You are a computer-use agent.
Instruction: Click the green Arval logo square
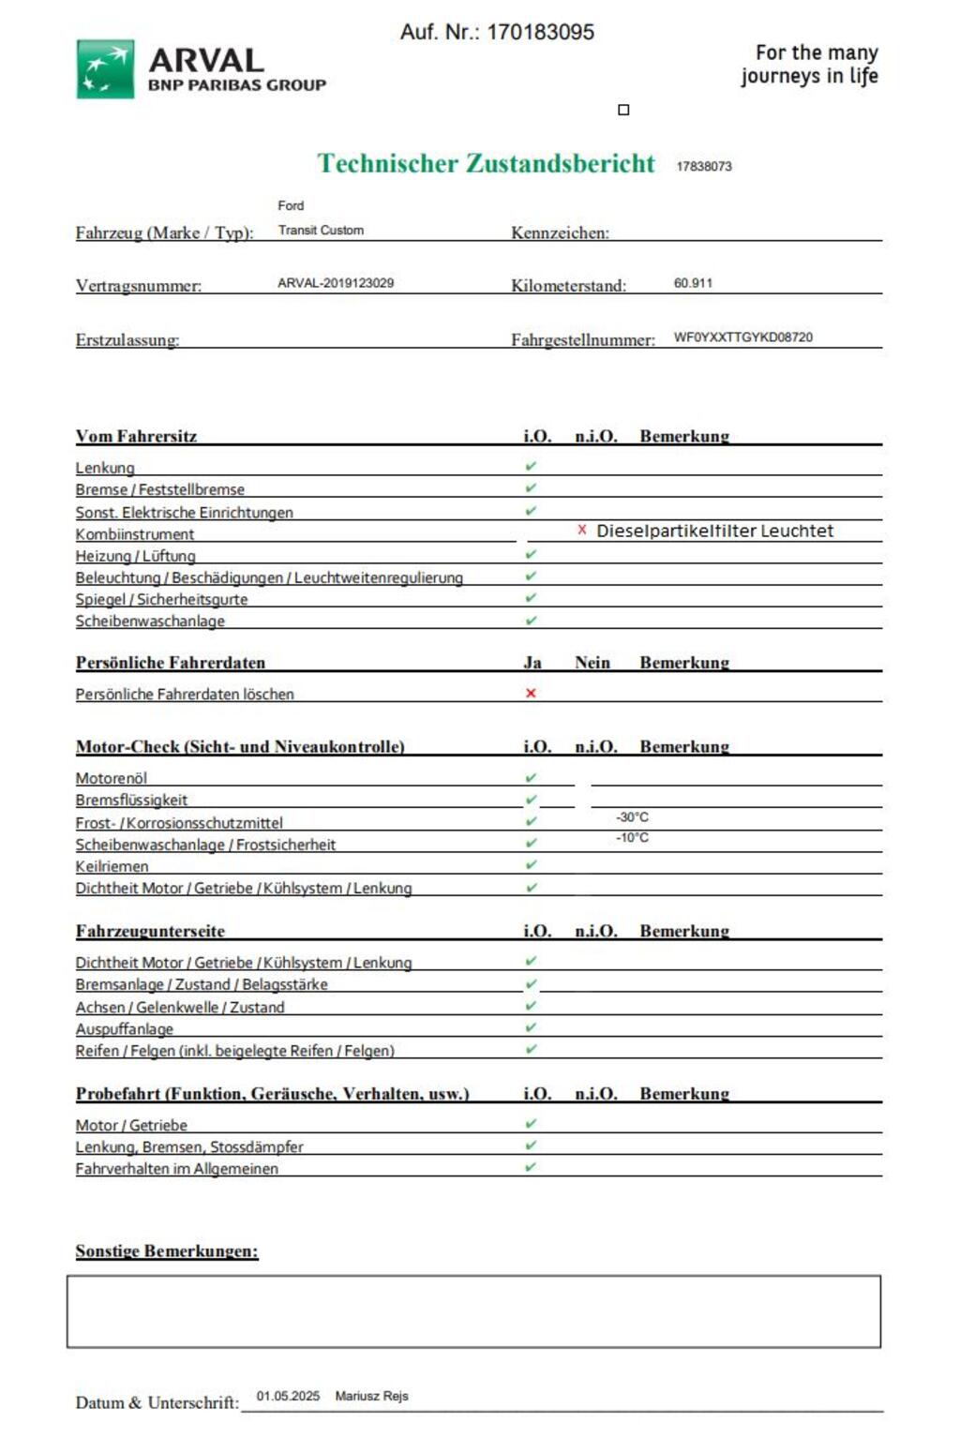coord(105,68)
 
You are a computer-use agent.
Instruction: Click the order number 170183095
coord(540,32)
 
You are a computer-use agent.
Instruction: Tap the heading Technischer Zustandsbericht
coord(486,163)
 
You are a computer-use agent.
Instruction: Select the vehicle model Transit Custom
coord(321,230)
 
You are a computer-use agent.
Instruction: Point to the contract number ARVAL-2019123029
coord(336,283)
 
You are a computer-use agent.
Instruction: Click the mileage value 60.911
coord(693,283)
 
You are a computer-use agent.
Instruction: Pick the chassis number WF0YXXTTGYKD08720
coord(742,337)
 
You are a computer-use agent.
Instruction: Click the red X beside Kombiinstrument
coord(582,531)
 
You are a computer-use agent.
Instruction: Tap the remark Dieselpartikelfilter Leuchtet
coord(714,531)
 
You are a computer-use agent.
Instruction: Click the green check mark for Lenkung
coord(531,466)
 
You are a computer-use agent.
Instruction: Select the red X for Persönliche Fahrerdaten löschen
coord(531,694)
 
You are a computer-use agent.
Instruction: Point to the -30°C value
coord(632,817)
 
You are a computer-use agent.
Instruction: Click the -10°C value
coord(632,838)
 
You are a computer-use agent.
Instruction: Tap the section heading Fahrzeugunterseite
coord(150,931)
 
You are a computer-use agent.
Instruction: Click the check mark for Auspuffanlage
coord(531,1027)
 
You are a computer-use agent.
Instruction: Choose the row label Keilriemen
coord(112,866)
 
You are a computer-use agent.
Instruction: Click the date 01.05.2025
coord(288,1396)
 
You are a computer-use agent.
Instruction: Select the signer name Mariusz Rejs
coord(371,1396)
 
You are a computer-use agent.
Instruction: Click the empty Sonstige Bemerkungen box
coord(473,1311)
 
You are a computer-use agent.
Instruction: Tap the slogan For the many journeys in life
coord(810,64)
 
